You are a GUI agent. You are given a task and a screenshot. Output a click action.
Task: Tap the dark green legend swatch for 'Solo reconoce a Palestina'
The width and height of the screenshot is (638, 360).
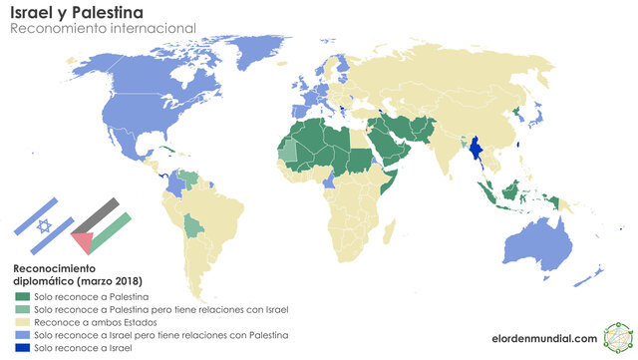22,297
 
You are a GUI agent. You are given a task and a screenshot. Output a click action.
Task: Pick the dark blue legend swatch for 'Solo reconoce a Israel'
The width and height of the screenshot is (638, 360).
22,349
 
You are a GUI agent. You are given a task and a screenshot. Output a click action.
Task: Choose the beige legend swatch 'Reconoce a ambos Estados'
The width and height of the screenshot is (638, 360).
22,323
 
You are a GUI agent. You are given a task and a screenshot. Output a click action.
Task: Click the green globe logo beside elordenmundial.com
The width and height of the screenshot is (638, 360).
615,338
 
